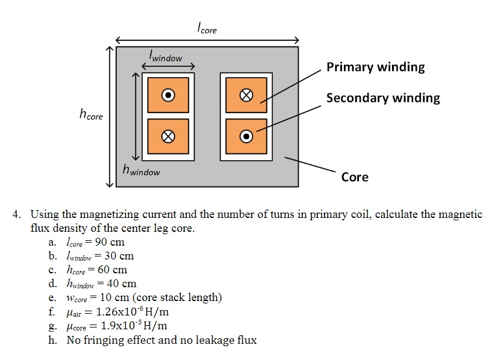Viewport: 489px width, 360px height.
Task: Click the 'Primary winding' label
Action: point(375,67)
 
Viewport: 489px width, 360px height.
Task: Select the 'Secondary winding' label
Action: point(383,98)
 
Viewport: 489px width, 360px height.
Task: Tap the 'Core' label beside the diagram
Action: point(355,176)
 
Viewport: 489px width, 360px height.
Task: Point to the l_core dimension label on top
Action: point(207,28)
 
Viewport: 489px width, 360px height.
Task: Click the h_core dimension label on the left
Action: point(91,115)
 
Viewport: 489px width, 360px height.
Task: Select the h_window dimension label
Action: point(141,171)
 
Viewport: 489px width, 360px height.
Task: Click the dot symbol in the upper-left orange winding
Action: point(169,95)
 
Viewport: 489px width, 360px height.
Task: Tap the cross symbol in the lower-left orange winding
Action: point(169,136)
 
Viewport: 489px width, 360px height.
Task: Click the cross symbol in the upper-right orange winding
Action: point(246,95)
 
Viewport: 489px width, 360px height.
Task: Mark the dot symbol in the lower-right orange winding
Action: point(246,136)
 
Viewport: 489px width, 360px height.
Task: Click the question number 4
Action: point(19,214)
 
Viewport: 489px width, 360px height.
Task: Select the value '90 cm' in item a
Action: point(110,243)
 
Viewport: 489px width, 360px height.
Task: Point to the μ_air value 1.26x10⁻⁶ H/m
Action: point(132,312)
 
